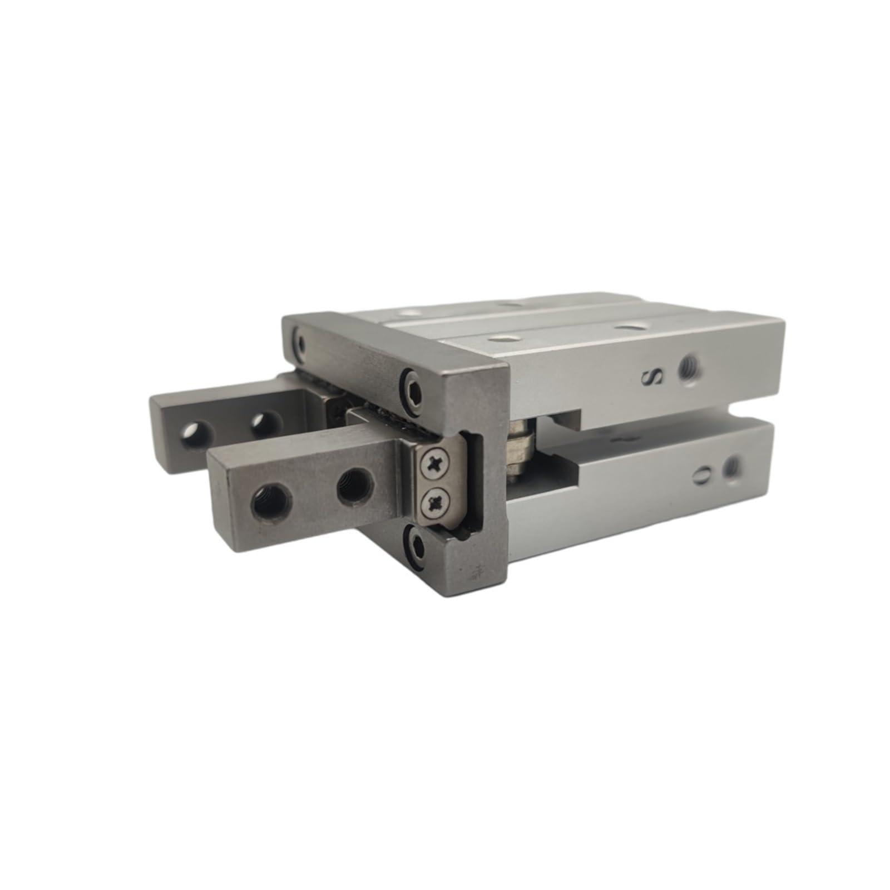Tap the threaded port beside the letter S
click(x=690, y=366)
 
